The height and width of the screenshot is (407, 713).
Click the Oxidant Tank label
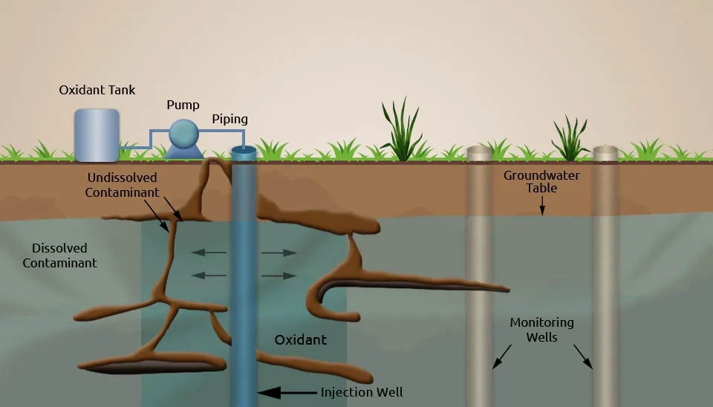97,90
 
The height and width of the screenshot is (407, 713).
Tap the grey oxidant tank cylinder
97,134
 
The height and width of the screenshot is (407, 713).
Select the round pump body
183,134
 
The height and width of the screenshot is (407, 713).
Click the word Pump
183,105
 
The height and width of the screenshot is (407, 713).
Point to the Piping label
229,119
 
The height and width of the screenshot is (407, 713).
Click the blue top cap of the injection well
244,152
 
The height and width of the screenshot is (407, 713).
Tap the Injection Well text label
362,392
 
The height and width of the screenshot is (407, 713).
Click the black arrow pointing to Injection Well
286,392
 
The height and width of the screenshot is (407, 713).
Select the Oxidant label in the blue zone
300,340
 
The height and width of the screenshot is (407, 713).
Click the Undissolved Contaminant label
123,185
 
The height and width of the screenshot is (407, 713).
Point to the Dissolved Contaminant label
59,255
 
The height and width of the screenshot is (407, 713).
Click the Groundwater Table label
541,182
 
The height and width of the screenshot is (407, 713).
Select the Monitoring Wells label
541,330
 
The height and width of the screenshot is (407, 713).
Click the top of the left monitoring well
479,152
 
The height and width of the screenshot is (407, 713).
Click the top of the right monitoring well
605,152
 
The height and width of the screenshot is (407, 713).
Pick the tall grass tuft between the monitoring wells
570,139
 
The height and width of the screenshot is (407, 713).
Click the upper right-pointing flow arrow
279,253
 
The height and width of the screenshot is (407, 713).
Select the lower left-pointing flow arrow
209,276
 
